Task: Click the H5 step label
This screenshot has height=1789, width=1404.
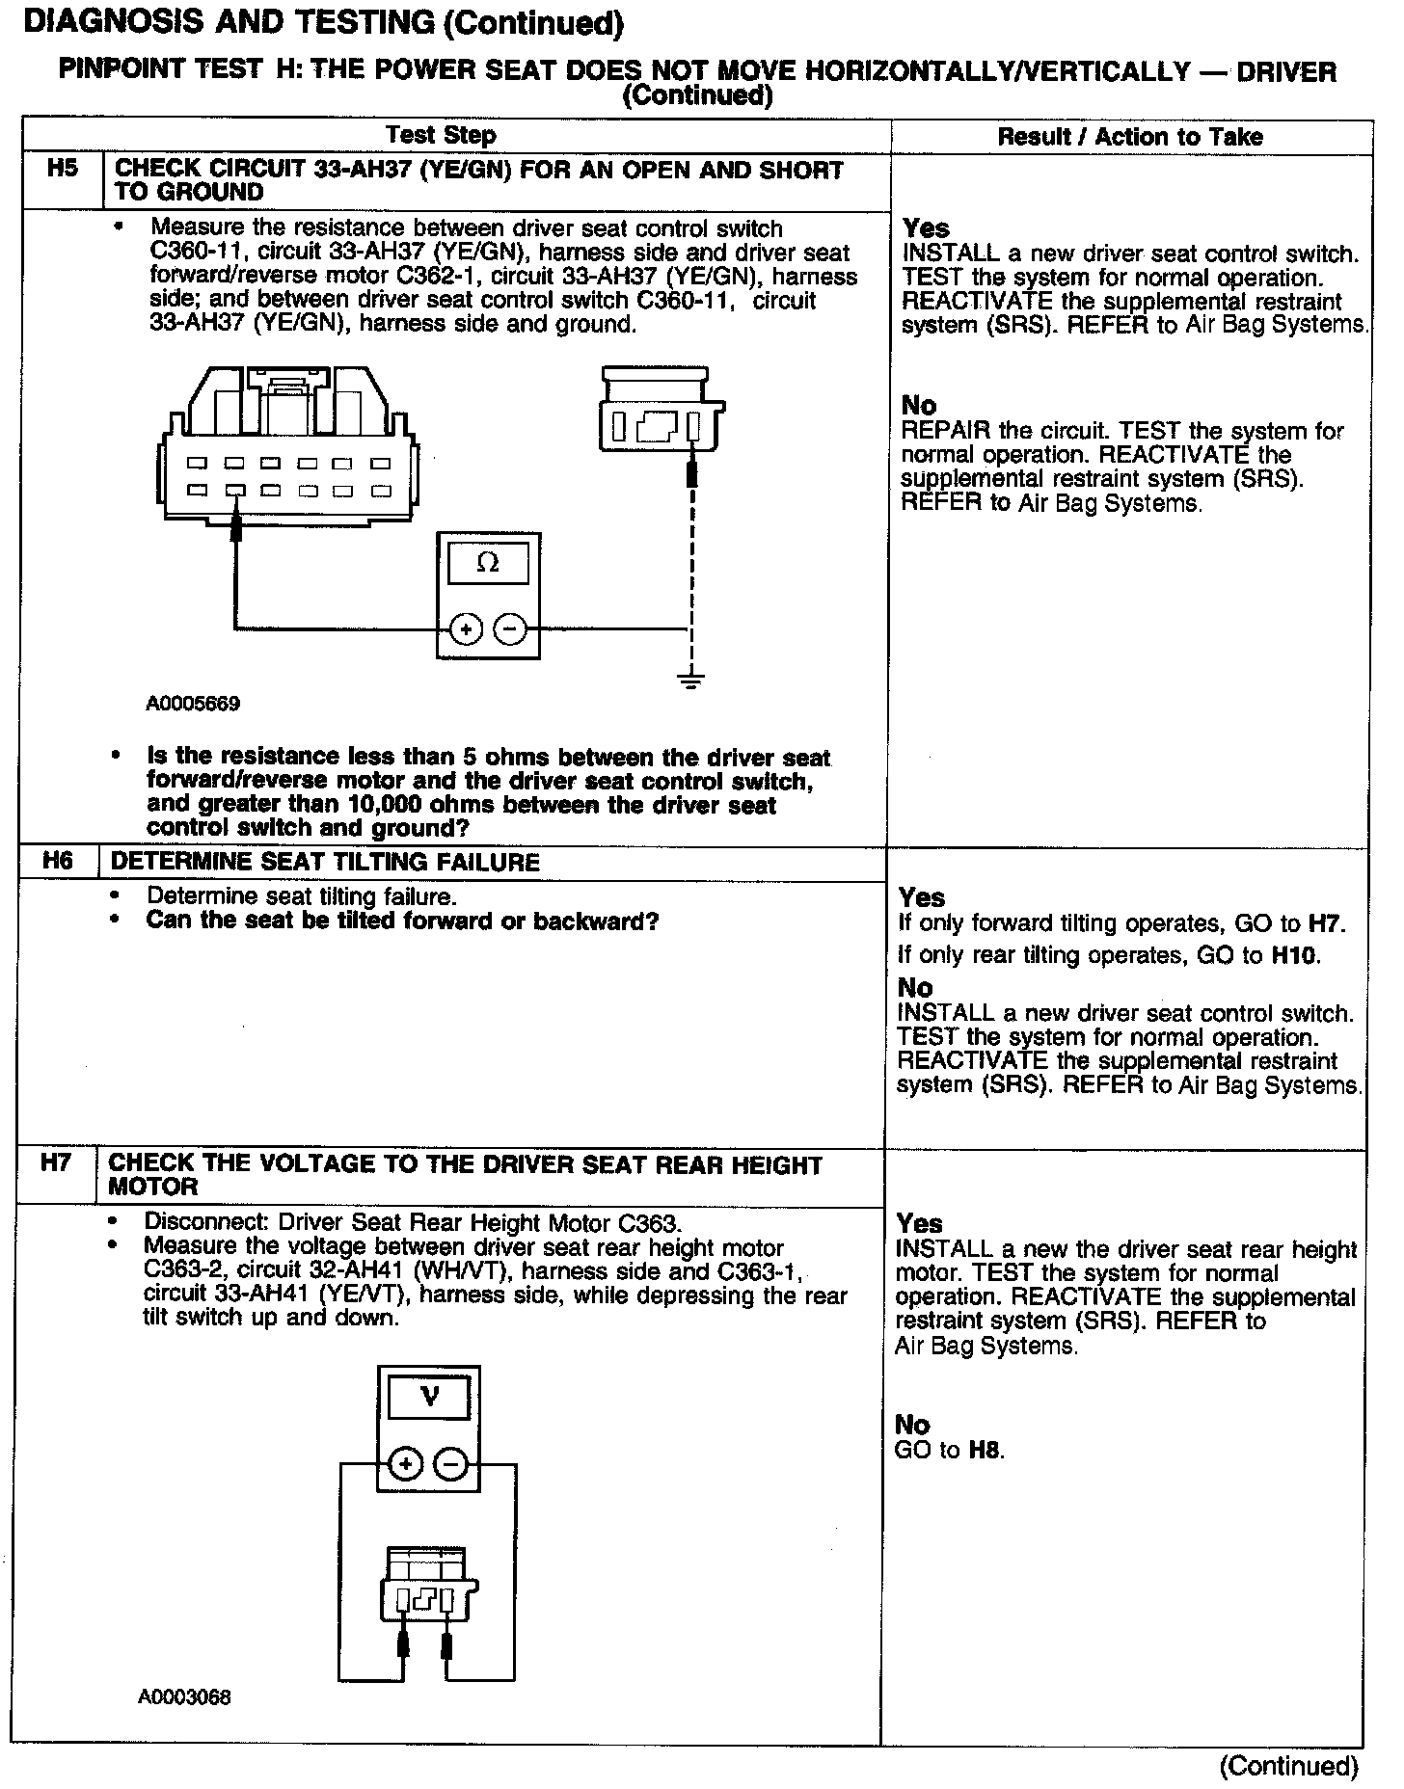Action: (62, 170)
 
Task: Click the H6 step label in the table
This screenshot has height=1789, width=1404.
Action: (58, 861)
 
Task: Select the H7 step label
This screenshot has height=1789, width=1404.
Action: (56, 1162)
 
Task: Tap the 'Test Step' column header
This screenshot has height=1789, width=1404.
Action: (442, 136)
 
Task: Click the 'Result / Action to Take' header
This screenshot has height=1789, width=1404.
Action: (1129, 137)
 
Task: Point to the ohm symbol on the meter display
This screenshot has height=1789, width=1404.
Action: (488, 563)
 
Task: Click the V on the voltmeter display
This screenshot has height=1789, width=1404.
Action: (430, 1397)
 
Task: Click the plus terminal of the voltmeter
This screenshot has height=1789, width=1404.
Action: (406, 1465)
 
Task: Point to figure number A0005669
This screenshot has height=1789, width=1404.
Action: (193, 704)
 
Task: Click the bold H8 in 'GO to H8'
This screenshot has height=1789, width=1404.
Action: (985, 1450)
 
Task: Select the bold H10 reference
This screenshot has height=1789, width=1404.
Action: (1295, 955)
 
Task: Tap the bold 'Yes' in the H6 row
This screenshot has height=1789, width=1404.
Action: (922, 897)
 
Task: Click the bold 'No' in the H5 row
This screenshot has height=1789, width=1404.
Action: (919, 405)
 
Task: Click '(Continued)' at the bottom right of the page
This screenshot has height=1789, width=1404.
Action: (1288, 1766)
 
